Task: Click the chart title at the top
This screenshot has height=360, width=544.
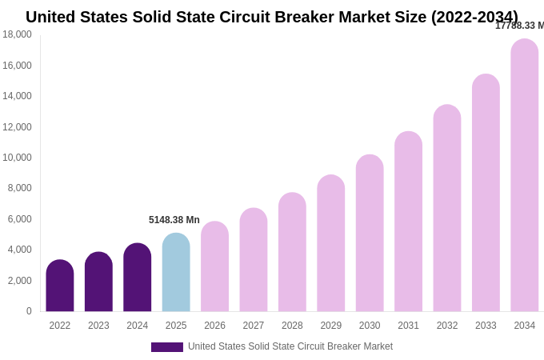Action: coord(272,17)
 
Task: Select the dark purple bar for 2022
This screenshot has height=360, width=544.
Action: coord(60,286)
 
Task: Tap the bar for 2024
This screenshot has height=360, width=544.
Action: coord(138,278)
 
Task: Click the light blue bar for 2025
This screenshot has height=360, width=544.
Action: coord(176,273)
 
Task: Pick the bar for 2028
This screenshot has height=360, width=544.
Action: coord(292,253)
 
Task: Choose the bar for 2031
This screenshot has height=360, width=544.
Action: coord(408,222)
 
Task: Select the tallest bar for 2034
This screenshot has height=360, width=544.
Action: coord(525,176)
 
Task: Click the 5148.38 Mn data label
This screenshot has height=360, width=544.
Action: coord(174,220)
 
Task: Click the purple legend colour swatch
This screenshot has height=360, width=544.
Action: coord(167,347)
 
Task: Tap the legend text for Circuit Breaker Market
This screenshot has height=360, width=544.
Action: coord(290,346)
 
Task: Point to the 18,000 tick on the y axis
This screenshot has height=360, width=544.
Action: coord(17,34)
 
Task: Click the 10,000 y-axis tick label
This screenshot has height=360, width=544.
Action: coord(17,158)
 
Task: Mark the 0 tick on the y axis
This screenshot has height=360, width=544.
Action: coord(29,311)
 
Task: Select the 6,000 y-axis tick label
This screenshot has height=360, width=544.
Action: coord(19,219)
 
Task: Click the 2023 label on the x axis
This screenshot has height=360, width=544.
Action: coord(98,326)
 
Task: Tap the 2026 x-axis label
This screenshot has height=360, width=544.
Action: coord(214,326)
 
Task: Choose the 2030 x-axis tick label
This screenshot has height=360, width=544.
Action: coord(370,326)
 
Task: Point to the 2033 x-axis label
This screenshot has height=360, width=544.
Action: coord(486,326)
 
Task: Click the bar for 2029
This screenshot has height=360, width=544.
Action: coord(331,244)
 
